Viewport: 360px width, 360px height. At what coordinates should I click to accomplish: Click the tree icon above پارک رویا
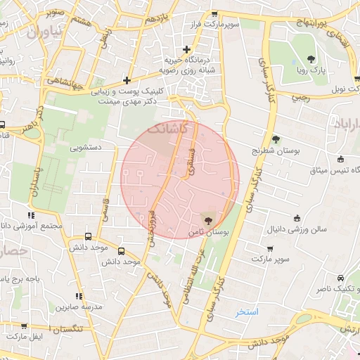pyautogui.click(x=311, y=59)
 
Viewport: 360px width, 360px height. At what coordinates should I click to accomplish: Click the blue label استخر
pyautogui.click(x=247, y=311)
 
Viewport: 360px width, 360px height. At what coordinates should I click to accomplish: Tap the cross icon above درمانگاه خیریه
pyautogui.click(x=186, y=49)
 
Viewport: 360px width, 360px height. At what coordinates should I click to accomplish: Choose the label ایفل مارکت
pyautogui.click(x=26, y=338)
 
